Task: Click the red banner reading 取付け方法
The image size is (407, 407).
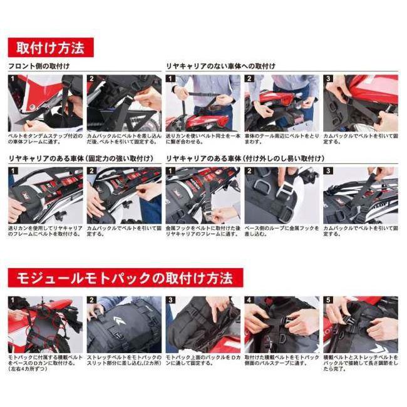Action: click(50, 48)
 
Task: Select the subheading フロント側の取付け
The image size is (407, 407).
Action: click(39, 66)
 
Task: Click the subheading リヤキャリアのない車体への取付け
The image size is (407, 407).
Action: click(220, 66)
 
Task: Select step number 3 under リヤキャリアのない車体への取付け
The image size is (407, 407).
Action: click(329, 80)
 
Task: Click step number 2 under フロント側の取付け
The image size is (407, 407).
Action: click(92, 80)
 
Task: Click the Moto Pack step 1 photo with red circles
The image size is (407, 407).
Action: click(45, 324)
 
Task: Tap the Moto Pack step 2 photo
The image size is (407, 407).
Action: click(123, 324)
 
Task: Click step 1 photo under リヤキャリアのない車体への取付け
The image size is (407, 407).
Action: click(202, 103)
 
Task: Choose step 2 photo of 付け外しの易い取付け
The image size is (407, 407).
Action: click(281, 195)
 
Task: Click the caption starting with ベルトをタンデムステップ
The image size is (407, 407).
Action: click(45, 138)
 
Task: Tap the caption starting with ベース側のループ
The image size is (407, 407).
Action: click(281, 230)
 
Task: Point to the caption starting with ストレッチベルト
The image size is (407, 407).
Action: click(123, 360)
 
